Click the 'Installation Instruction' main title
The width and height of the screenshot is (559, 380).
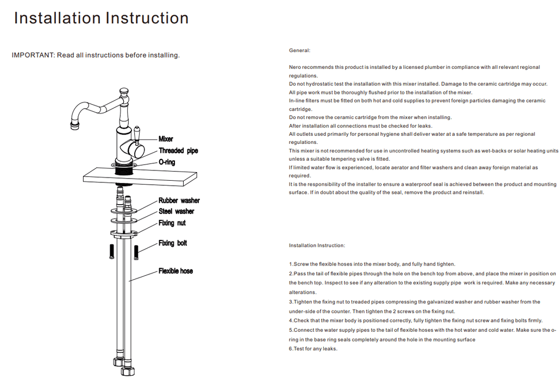tap(101, 18)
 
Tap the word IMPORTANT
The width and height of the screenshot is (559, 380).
tap(33, 55)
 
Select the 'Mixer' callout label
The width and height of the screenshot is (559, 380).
tap(166, 139)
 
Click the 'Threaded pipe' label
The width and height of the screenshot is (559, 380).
tap(178, 151)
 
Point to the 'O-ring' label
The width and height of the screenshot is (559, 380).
tap(167, 162)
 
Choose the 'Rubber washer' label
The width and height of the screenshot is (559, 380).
tap(179, 201)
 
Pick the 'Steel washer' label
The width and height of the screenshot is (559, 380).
tap(176, 211)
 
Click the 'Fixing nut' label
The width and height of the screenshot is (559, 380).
tap(172, 223)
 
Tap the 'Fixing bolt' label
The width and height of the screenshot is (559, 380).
tap(172, 243)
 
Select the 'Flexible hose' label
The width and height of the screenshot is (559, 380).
tap(175, 271)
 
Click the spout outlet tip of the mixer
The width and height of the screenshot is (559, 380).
tap(74, 126)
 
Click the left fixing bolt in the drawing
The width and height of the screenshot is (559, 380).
tap(112, 251)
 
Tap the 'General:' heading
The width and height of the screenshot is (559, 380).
tap(299, 50)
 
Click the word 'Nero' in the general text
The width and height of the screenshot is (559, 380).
tap(295, 67)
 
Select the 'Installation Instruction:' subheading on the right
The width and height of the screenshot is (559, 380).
tap(317, 246)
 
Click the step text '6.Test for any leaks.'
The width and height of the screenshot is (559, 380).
tap(313, 349)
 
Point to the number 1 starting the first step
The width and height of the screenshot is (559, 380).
tap(291, 264)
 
